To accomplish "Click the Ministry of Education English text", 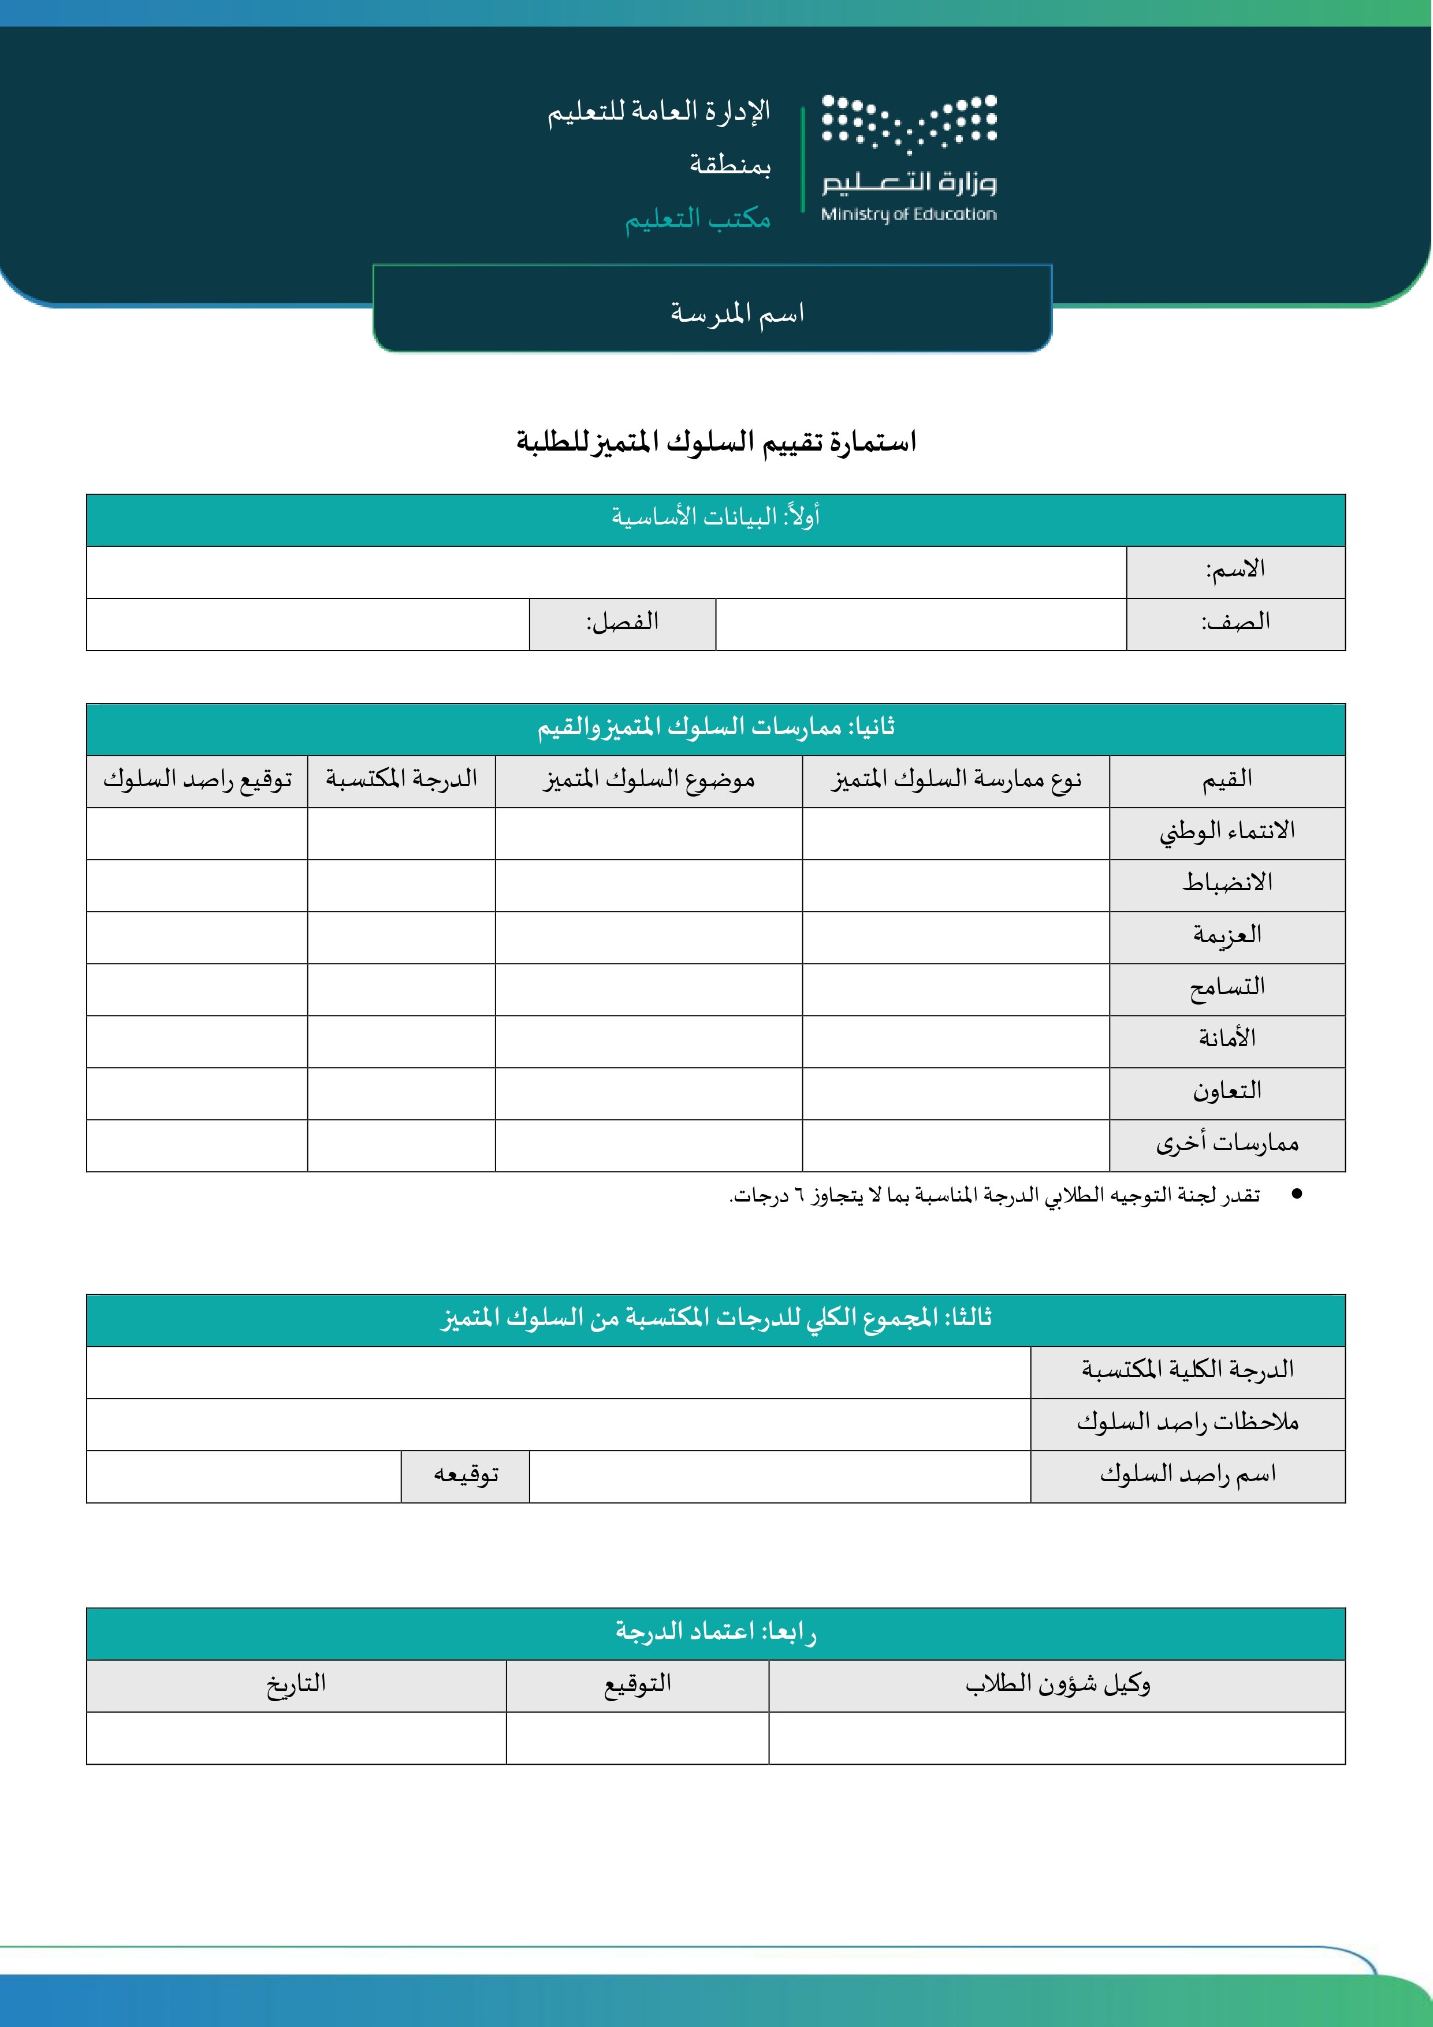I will [909, 214].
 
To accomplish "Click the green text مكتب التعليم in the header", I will [698, 218].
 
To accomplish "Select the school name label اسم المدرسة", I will [736, 313].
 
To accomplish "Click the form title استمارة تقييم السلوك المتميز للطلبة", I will [716, 441].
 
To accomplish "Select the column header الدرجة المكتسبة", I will [402, 779].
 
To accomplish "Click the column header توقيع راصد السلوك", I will [197, 779].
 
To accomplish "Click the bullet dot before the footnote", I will [1296, 1195].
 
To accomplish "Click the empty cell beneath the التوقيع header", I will [638, 1738].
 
